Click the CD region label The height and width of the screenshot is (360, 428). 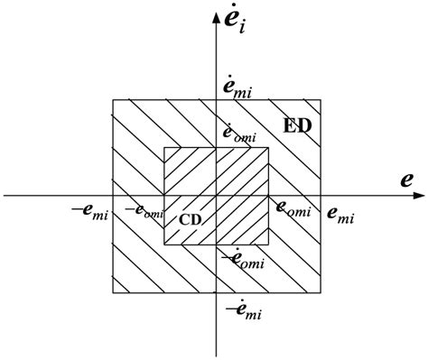(x=191, y=218)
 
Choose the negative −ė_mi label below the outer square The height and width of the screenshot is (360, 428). (x=244, y=309)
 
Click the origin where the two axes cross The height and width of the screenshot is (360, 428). (x=217, y=195)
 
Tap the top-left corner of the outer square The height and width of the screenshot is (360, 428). (x=112, y=98)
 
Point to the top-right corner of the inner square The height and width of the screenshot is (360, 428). (x=268, y=147)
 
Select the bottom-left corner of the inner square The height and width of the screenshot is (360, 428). (x=163, y=245)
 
